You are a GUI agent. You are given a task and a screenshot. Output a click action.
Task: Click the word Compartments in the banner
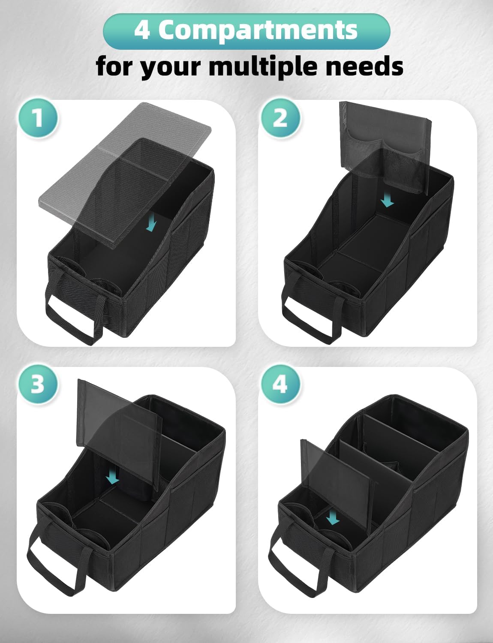(x=258, y=30)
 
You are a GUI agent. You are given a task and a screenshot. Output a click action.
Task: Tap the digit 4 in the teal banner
(x=141, y=30)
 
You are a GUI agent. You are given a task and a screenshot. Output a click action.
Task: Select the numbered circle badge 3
(x=38, y=384)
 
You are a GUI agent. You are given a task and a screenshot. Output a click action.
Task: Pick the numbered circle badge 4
(x=280, y=384)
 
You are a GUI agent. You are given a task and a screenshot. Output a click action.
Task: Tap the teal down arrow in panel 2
(x=388, y=200)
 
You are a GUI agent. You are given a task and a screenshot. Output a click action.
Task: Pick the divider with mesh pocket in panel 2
(x=384, y=146)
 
